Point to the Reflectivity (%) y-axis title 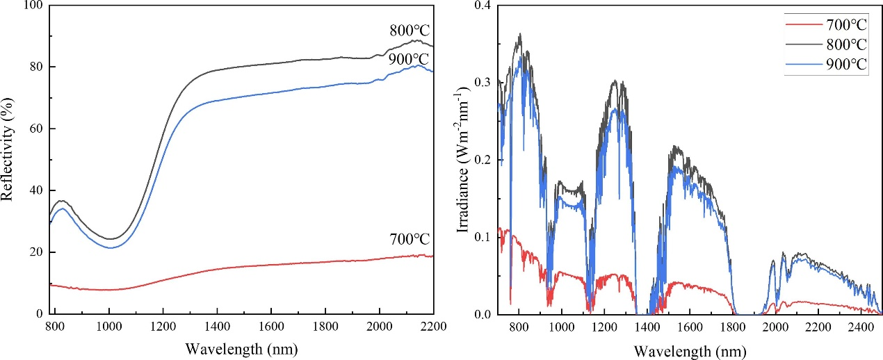tap(8, 160)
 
